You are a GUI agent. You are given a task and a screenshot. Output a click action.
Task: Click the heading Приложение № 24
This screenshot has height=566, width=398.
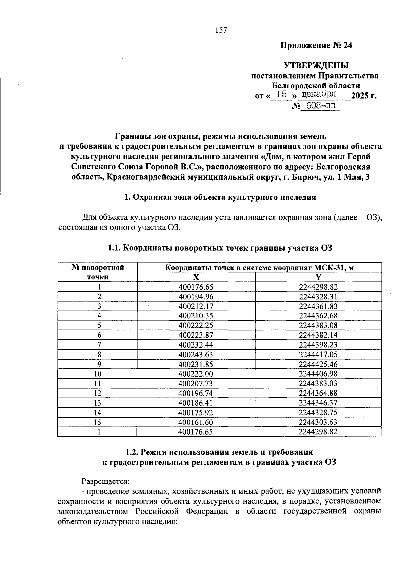(316, 45)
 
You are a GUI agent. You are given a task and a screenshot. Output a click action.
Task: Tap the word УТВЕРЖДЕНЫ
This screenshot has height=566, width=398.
(316, 65)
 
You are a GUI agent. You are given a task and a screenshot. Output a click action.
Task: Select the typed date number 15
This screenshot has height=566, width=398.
(281, 95)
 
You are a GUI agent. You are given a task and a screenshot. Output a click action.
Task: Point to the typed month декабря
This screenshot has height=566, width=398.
(320, 94)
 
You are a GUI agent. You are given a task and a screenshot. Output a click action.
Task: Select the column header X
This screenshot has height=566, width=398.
(196, 277)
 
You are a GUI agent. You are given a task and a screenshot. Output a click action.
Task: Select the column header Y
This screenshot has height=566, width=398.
(318, 277)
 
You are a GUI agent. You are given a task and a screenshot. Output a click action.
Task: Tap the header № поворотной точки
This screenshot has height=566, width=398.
(98, 272)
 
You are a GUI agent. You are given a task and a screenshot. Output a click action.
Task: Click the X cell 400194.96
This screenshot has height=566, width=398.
(196, 297)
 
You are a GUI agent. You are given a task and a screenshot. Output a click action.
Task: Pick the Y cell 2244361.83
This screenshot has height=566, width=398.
(318, 306)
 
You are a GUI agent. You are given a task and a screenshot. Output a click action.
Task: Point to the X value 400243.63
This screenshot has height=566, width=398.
(196, 355)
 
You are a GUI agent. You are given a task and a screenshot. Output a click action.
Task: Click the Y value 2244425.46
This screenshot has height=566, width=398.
(318, 364)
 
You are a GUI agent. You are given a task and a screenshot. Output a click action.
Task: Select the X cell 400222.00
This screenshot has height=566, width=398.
(196, 374)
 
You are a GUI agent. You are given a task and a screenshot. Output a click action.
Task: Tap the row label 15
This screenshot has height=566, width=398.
(98, 422)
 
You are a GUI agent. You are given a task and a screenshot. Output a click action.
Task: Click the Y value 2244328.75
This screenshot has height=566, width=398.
(318, 413)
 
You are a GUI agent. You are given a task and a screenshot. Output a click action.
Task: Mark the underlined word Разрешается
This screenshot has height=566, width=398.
(106, 481)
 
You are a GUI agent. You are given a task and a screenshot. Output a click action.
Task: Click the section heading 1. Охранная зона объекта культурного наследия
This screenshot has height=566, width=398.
(220, 198)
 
